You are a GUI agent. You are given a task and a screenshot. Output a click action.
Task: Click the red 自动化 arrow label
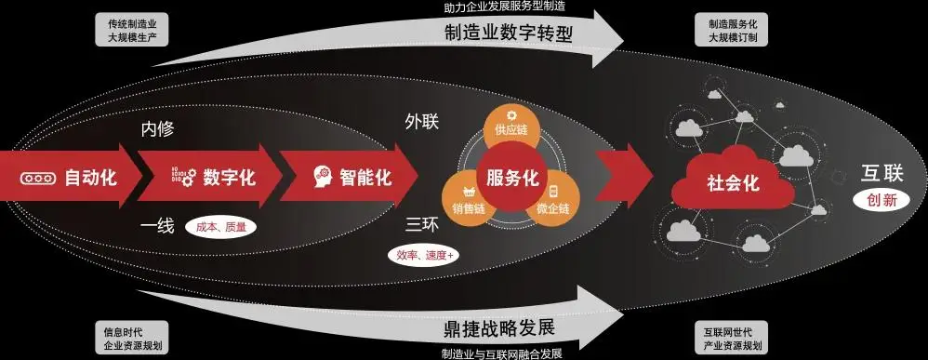[x=90, y=177]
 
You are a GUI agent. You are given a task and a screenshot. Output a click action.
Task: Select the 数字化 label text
[x=229, y=177]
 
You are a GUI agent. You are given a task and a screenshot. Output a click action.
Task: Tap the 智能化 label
[x=365, y=177]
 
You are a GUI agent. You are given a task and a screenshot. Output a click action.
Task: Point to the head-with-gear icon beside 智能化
[x=321, y=177]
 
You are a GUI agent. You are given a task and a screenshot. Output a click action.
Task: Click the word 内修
[x=157, y=129]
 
